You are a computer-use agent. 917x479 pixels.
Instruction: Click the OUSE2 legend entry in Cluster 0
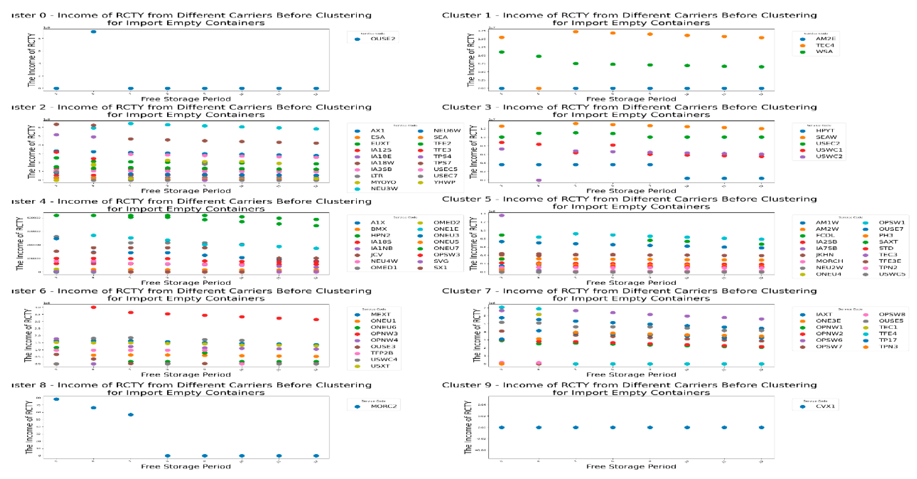[382, 39]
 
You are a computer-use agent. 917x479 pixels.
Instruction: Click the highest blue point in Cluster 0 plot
[93, 32]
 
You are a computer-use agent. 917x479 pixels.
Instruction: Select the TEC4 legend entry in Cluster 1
[824, 45]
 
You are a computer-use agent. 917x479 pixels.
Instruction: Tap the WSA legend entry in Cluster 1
[824, 52]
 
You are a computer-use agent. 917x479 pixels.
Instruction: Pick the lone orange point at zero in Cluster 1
[539, 88]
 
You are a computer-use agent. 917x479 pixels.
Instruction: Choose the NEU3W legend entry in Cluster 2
[384, 189]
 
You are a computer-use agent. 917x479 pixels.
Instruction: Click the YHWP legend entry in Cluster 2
[444, 182]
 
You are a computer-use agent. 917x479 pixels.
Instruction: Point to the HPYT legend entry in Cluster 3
[824, 131]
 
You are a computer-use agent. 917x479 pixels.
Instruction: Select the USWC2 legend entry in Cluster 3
[829, 156]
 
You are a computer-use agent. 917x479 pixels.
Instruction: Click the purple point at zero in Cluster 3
[539, 180]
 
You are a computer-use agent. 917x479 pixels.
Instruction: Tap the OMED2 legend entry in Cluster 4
[447, 222]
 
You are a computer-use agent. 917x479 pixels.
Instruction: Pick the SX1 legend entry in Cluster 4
[440, 268]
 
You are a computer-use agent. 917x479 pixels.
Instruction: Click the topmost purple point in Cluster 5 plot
[502, 215]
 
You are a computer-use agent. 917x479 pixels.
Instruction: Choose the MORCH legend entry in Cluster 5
[829, 261]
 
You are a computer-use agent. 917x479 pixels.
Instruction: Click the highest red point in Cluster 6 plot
[93, 307]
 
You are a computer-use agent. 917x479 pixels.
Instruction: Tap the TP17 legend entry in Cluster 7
[888, 340]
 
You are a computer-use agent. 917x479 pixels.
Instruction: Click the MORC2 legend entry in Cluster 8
[383, 406]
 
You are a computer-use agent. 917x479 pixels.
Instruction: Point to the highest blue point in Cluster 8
[56, 399]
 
